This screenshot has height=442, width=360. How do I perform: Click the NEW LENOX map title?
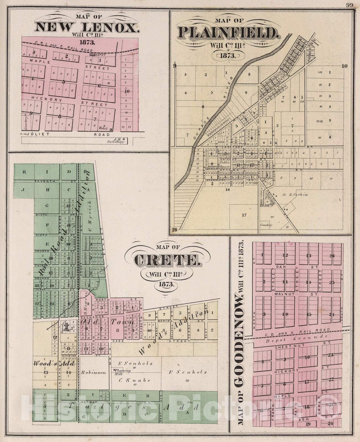click(x=86, y=27)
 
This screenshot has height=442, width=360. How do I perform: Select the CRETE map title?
click(x=166, y=260)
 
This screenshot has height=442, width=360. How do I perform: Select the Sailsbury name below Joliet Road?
click(x=115, y=142)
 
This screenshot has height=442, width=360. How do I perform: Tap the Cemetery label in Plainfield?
click(x=266, y=225)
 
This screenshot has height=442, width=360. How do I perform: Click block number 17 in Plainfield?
click(x=244, y=215)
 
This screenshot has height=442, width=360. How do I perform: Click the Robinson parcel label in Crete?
click(x=94, y=372)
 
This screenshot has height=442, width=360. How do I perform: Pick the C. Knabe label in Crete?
click(x=134, y=380)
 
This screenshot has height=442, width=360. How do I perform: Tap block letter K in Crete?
click(x=24, y=172)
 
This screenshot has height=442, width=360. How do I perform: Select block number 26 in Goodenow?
click(x=332, y=256)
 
